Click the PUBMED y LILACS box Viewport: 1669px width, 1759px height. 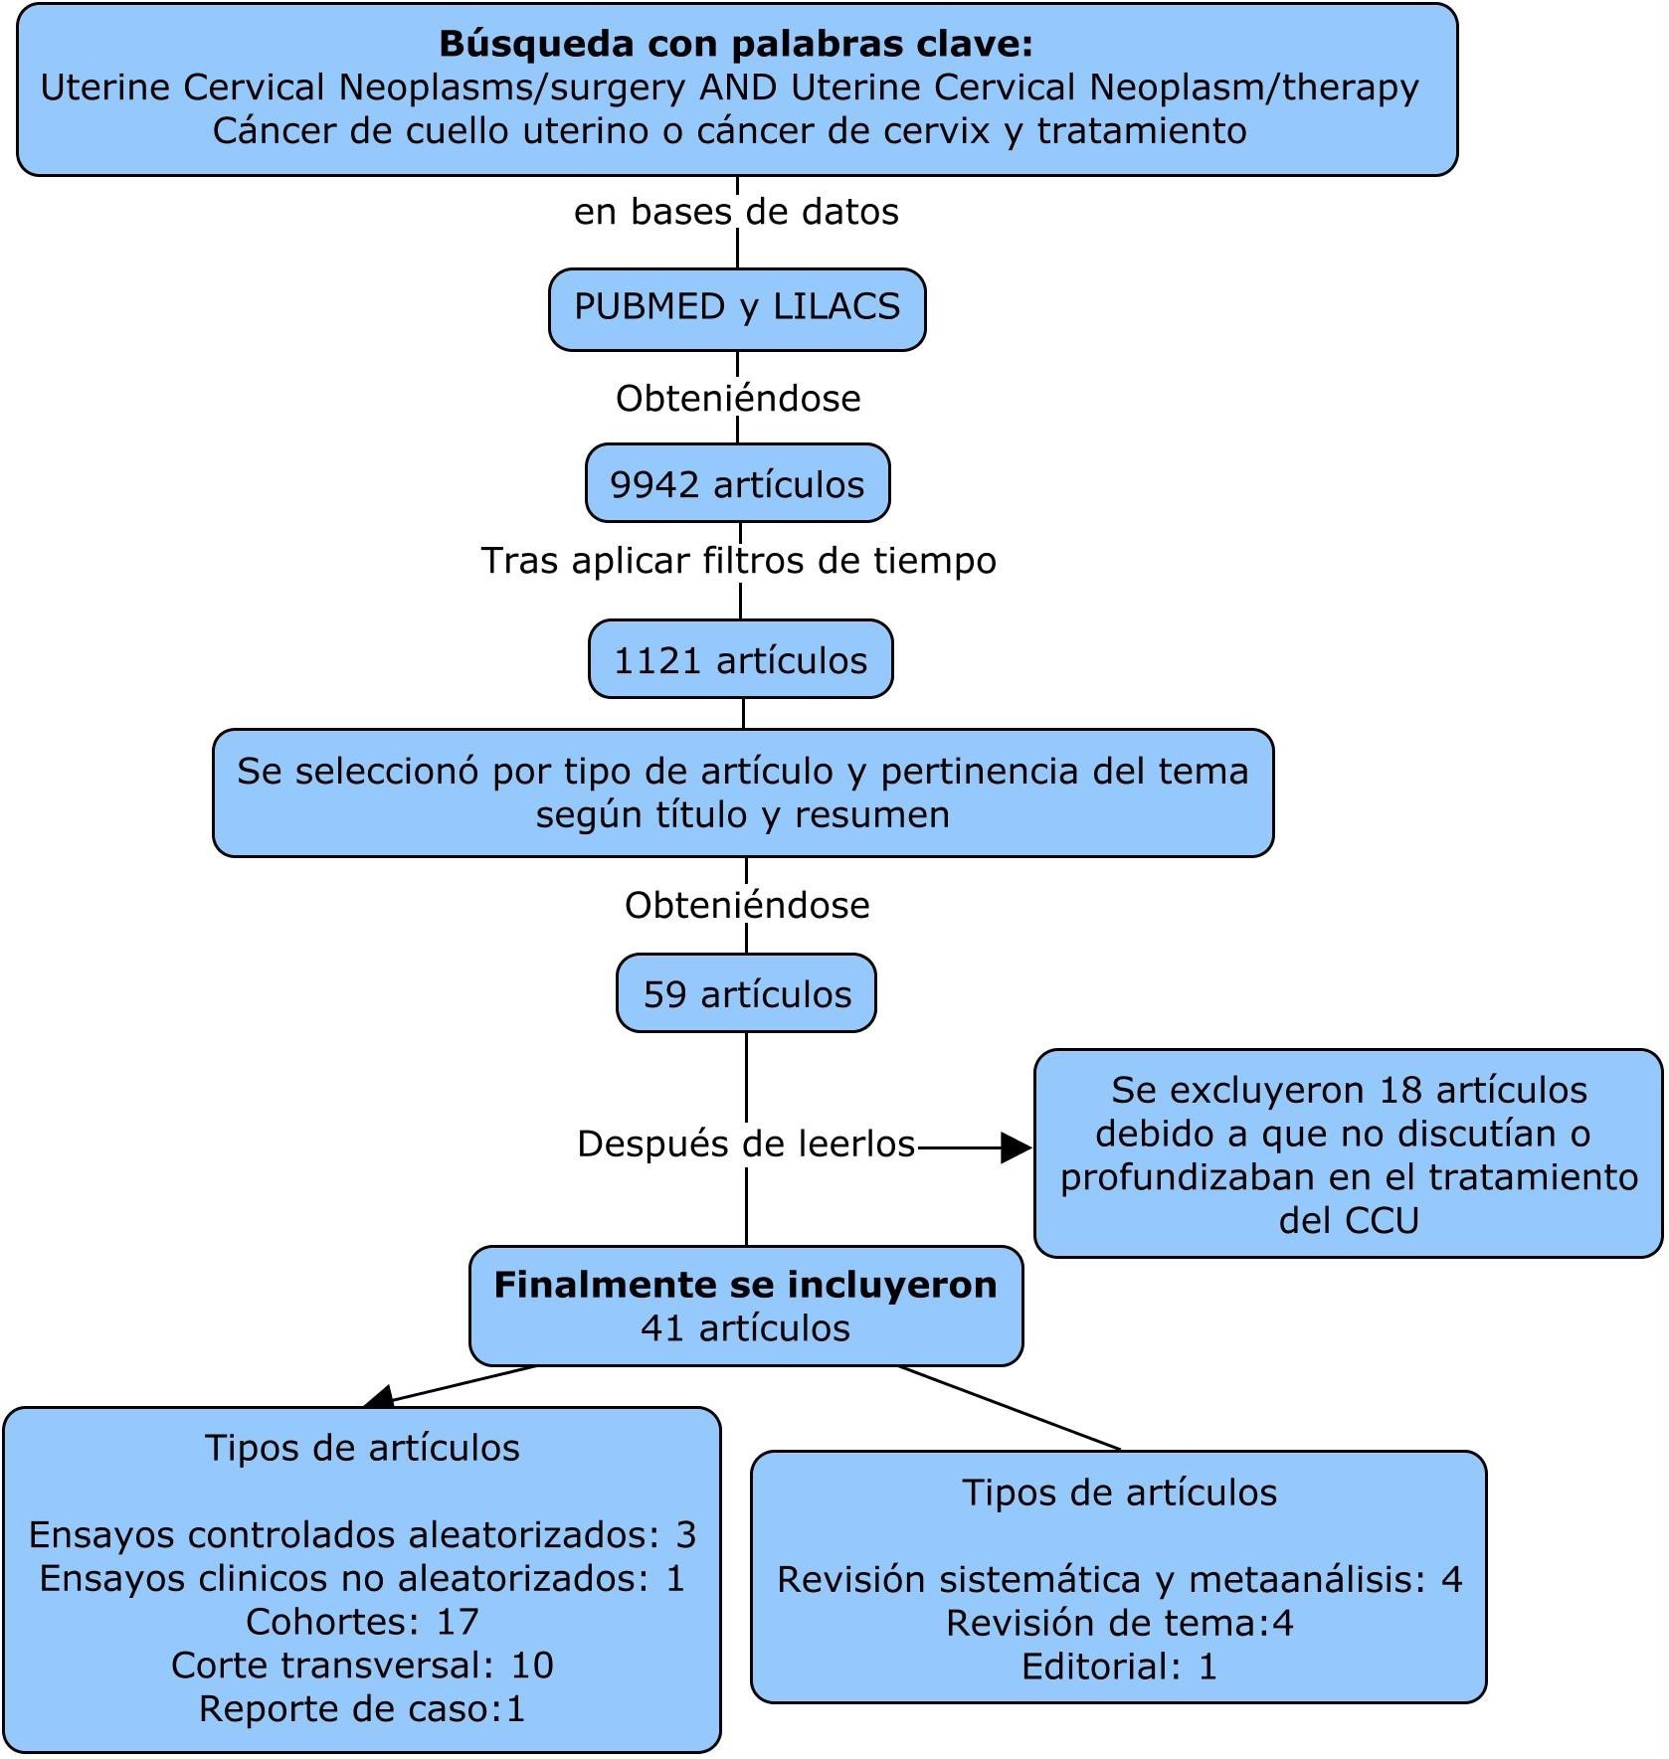point(737,307)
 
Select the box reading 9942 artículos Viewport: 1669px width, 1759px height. point(737,484)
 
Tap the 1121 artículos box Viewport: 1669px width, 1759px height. point(740,660)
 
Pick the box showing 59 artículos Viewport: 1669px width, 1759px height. point(747,994)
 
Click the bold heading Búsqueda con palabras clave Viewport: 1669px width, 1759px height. point(736,44)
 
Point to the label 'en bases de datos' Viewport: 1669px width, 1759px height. point(736,212)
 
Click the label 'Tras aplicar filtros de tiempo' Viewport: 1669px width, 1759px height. point(739,561)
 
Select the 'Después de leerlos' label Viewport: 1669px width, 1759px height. point(746,1143)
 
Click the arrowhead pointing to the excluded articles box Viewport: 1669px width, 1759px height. point(1017,1147)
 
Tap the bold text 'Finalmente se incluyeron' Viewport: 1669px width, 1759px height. point(745,1285)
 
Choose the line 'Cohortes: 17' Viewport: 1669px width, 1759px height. point(362,1622)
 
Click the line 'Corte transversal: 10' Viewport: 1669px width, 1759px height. point(362,1665)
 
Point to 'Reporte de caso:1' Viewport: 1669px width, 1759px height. point(362,1708)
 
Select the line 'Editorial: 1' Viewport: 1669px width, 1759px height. point(1119,1667)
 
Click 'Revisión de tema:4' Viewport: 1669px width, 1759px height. point(1119,1623)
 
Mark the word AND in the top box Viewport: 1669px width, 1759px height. point(738,88)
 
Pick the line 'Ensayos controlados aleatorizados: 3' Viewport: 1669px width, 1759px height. point(362,1534)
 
